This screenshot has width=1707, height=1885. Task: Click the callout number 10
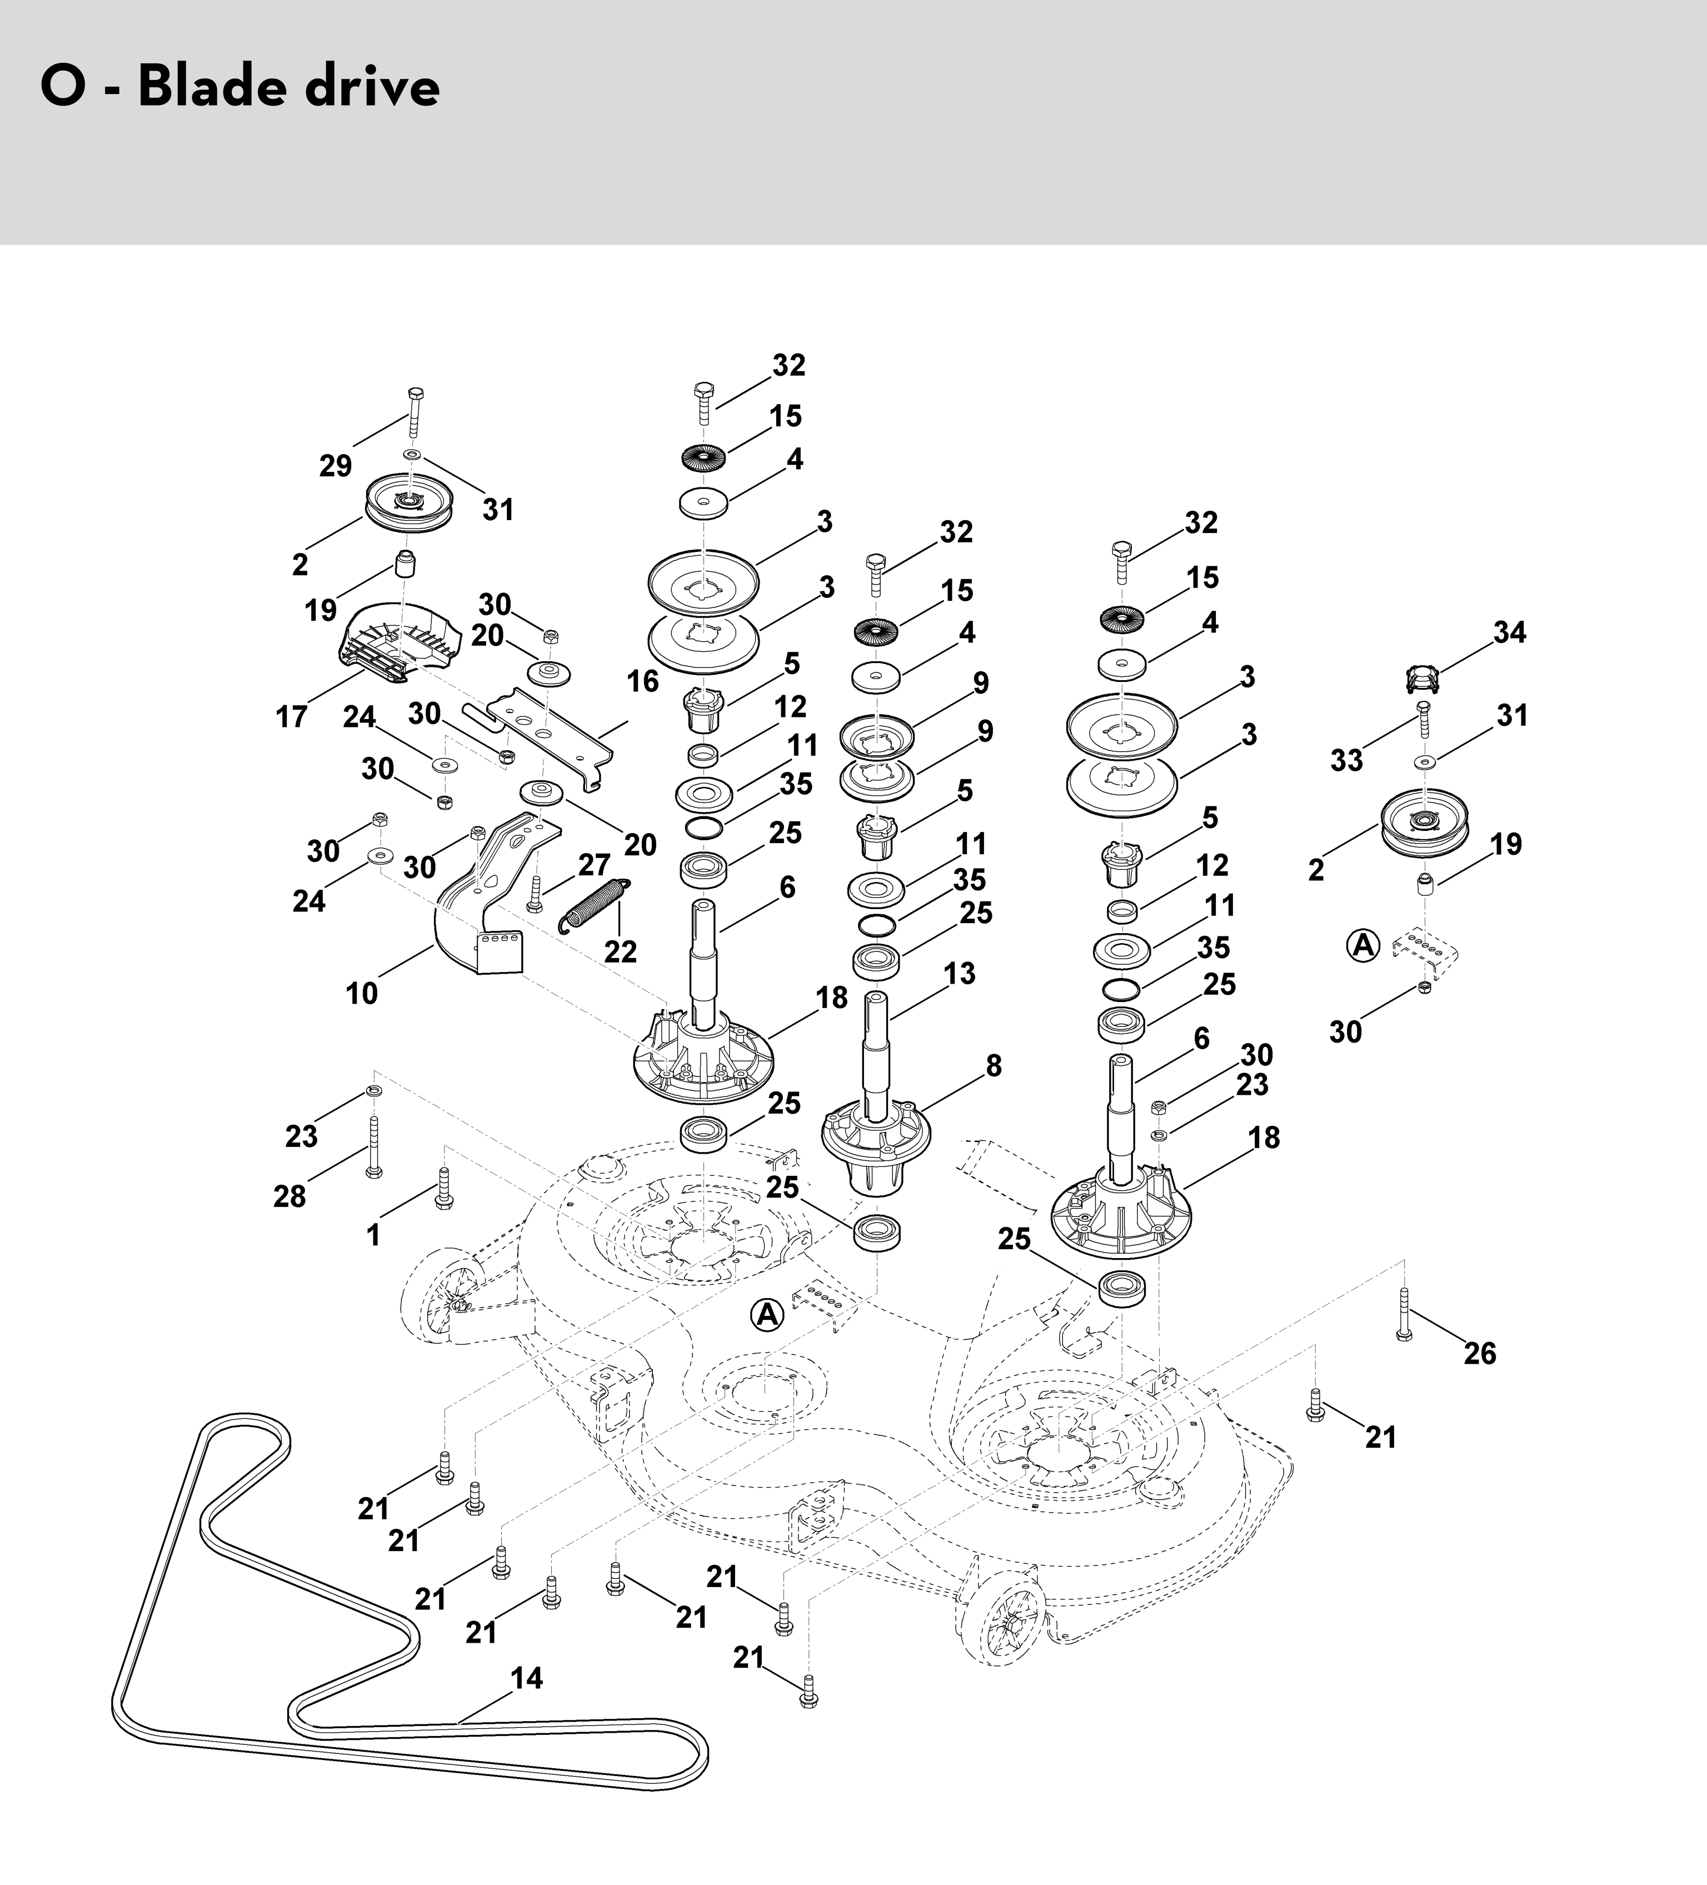[x=362, y=993]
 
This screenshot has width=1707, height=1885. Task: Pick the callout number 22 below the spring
[x=620, y=951]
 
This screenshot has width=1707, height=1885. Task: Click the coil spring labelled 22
[x=595, y=905]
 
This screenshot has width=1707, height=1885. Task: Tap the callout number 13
[x=959, y=974]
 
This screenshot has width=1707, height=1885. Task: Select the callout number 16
[x=643, y=681]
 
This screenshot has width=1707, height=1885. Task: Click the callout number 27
[x=593, y=865]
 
